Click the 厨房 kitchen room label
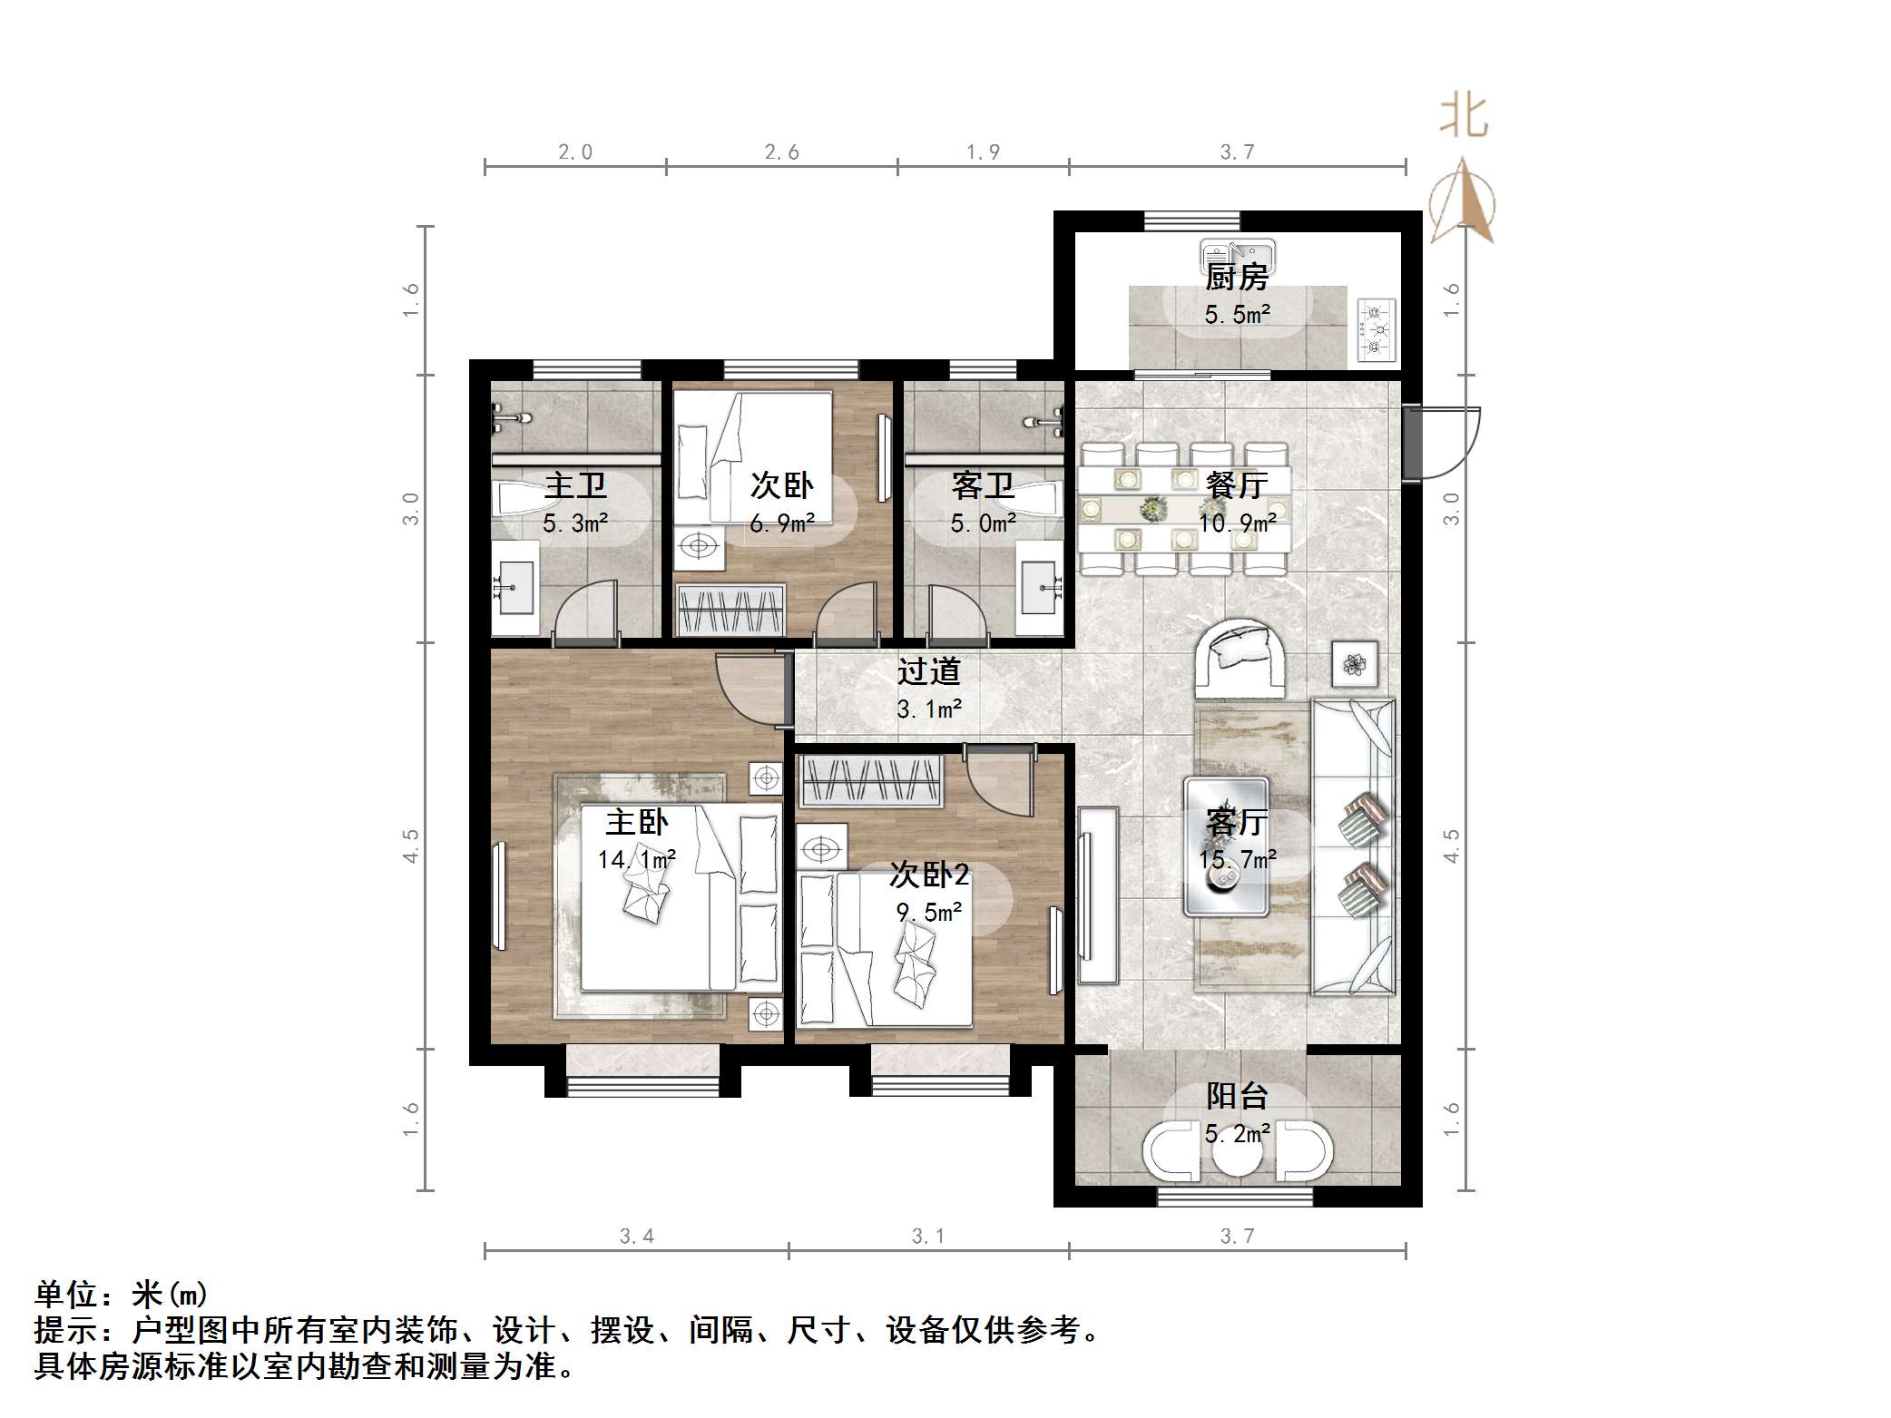[x=1236, y=277]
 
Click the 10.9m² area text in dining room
[x=1237, y=523]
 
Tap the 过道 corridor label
[x=928, y=671]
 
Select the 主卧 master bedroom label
[x=636, y=822]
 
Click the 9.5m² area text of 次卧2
[x=928, y=912]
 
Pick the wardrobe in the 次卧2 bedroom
[x=870, y=780]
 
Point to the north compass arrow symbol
[x=1462, y=204]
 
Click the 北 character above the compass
[x=1464, y=117]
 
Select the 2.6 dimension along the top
[x=781, y=152]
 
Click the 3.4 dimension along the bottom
[x=636, y=1236]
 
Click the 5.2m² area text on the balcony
[x=1237, y=1134]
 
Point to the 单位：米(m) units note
[x=122, y=1294]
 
